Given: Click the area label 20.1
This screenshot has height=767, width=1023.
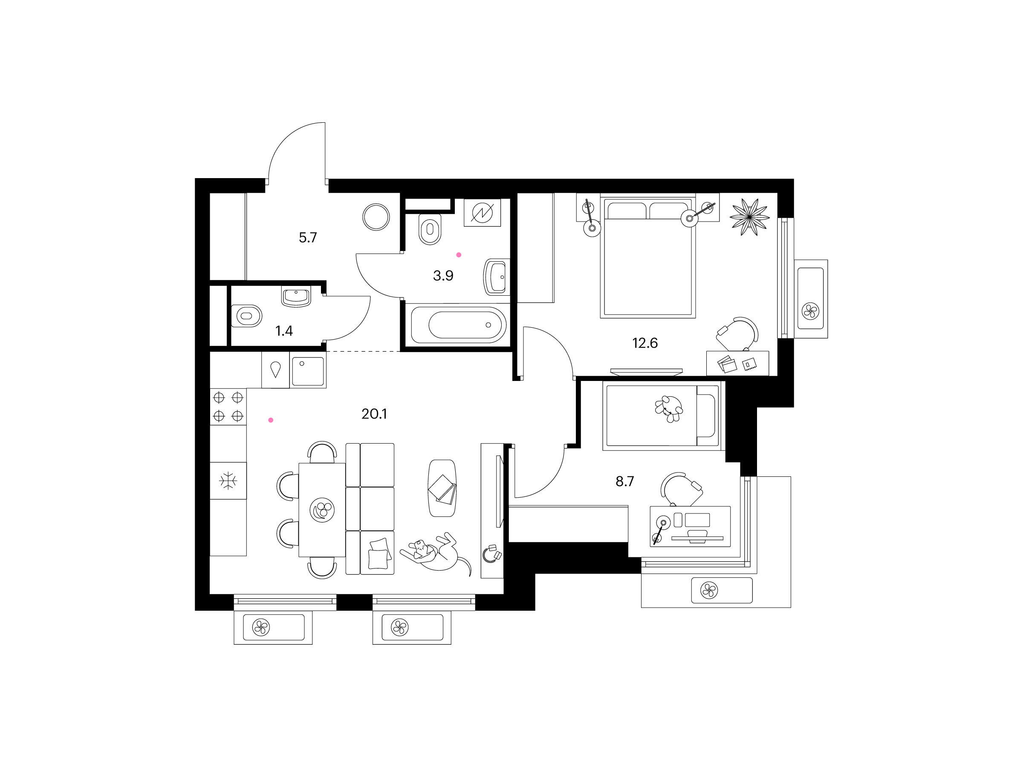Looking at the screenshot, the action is tap(374, 414).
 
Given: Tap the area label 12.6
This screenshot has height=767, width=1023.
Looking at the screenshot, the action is tap(644, 343).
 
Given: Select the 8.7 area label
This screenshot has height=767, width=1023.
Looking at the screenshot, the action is tap(624, 482).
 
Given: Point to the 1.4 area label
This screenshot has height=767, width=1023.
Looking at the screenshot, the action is tap(284, 331).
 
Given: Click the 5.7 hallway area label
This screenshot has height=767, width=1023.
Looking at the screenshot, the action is tap(308, 238).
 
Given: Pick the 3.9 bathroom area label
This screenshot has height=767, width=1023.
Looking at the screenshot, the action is tap(443, 276).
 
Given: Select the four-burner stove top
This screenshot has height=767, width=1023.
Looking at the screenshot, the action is tap(228, 407).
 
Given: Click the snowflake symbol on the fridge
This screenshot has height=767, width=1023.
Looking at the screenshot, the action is tap(228, 481).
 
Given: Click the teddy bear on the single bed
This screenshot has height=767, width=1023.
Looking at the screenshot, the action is tap(669, 408).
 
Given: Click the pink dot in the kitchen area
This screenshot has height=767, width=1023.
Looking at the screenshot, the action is tap(271, 420).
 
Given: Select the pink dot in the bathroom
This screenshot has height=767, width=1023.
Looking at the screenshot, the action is tap(459, 255).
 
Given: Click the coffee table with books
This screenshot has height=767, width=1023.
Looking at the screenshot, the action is tap(442, 488).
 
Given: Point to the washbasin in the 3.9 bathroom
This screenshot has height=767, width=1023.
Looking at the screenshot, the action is tap(496, 277).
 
